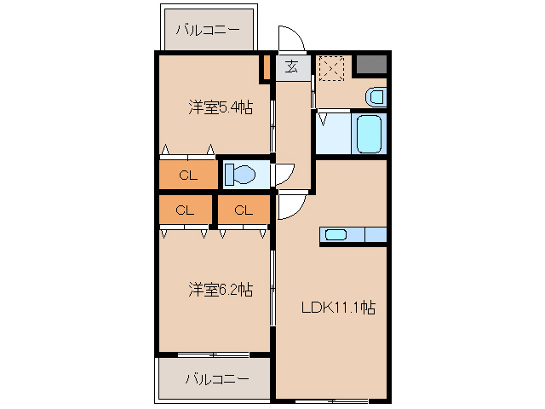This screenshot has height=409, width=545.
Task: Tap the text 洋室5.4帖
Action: [x=220, y=107]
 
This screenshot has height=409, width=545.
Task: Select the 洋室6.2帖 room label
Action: [x=220, y=290]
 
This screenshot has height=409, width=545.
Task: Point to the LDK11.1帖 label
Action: [x=338, y=308]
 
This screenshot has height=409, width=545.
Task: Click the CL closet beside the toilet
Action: [x=187, y=176]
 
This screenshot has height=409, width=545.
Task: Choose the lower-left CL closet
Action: [x=185, y=210]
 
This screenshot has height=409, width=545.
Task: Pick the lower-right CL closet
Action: [x=244, y=210]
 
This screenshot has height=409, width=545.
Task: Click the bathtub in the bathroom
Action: [x=368, y=134]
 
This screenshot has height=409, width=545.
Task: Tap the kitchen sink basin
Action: [x=335, y=235]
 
